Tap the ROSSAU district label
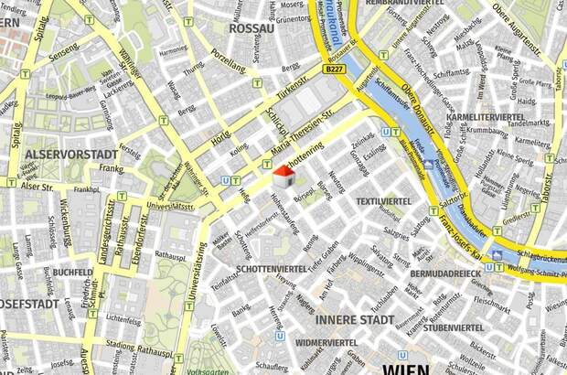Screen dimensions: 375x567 [x=251, y=28]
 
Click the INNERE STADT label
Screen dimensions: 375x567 [x=355, y=320]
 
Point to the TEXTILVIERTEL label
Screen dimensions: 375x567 [x=382, y=200]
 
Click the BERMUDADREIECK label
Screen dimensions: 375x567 [x=445, y=273]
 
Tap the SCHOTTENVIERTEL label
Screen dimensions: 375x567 [x=272, y=269]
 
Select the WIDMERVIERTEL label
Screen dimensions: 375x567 [x=326, y=342]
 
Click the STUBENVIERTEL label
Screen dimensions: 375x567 [x=452, y=327]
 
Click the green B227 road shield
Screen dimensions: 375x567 [x=335, y=69]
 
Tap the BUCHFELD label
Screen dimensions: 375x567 [x=71, y=272]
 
